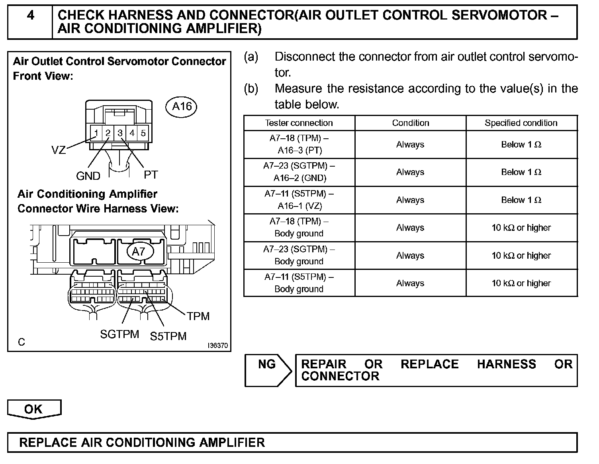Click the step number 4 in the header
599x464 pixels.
pyautogui.click(x=30, y=16)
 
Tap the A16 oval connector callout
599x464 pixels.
pyautogui.click(x=182, y=106)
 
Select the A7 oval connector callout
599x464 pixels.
pyautogui.click(x=139, y=252)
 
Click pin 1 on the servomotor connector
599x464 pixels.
pyautogui.click(x=96, y=133)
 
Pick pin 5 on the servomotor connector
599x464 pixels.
pyautogui.click(x=143, y=133)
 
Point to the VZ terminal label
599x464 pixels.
pyautogui.click(x=59, y=150)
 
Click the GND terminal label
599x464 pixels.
pyautogui.click(x=88, y=176)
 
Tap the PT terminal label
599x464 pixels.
pyautogui.click(x=151, y=175)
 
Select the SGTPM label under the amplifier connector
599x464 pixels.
pyautogui.click(x=119, y=334)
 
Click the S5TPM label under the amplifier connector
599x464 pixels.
pyautogui.click(x=168, y=336)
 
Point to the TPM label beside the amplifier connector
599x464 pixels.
pyautogui.click(x=198, y=316)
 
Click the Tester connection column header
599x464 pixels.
pyautogui.click(x=299, y=123)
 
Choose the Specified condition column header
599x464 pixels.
pyautogui.click(x=521, y=123)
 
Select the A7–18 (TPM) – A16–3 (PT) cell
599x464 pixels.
pyautogui.click(x=299, y=144)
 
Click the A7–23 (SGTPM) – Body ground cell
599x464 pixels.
pyautogui.click(x=299, y=255)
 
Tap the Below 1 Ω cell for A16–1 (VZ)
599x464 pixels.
pyautogui.click(x=521, y=200)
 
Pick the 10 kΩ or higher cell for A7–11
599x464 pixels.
pyautogui.click(x=521, y=283)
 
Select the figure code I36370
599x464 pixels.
pyautogui.click(x=218, y=346)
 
